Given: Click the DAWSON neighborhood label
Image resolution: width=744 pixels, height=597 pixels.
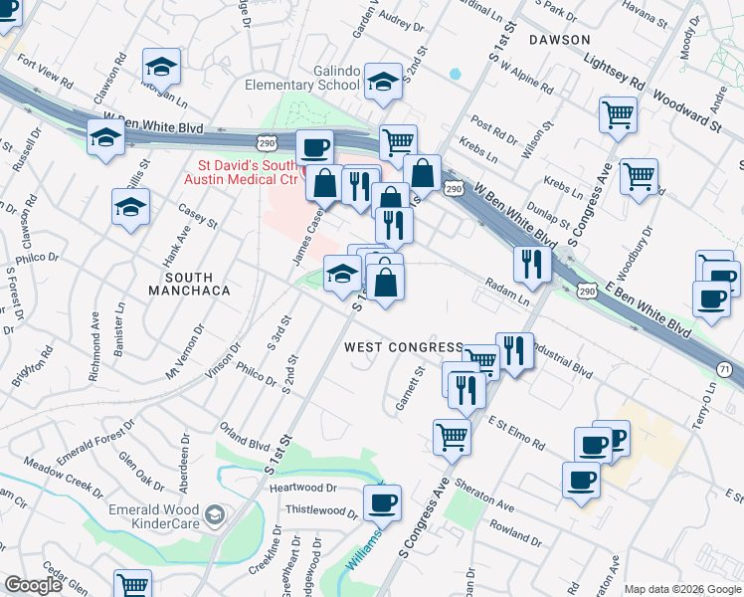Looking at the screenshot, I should tap(560, 40).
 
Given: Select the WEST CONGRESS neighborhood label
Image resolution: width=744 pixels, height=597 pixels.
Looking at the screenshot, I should tap(403, 347).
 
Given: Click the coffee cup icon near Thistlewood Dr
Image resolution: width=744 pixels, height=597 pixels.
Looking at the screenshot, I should tap(381, 501).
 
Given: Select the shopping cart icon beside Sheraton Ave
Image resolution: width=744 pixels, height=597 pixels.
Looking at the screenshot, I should tap(452, 436).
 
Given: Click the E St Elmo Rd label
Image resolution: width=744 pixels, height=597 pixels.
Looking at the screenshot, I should tap(517, 433).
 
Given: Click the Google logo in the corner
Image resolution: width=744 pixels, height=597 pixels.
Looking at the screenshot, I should tap(34, 585).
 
